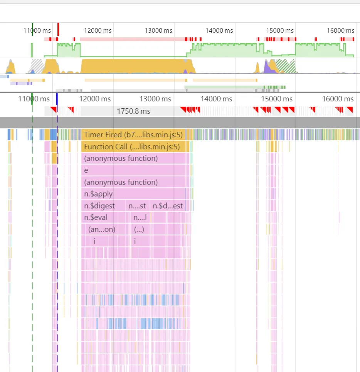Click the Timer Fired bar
[x=133, y=135]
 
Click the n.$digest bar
[x=104, y=206]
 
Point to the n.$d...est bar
[x=168, y=206]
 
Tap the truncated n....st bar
[x=137, y=206]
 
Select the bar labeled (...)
[x=139, y=229]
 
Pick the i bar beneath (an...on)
[x=95, y=241]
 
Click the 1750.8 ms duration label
[x=133, y=111]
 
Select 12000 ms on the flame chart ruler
[x=95, y=99]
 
